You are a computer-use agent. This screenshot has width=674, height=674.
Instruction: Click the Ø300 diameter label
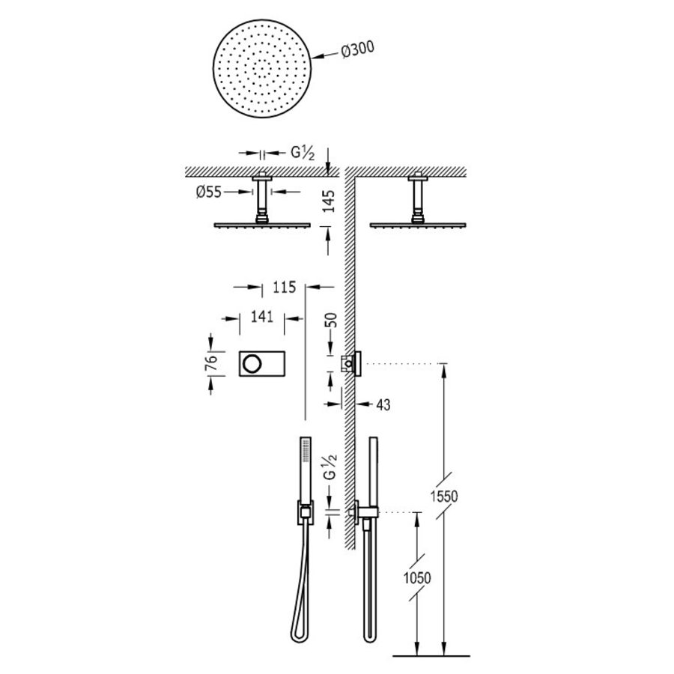pos(356,50)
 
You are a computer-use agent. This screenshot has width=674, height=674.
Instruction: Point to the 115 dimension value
pos(285,287)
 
